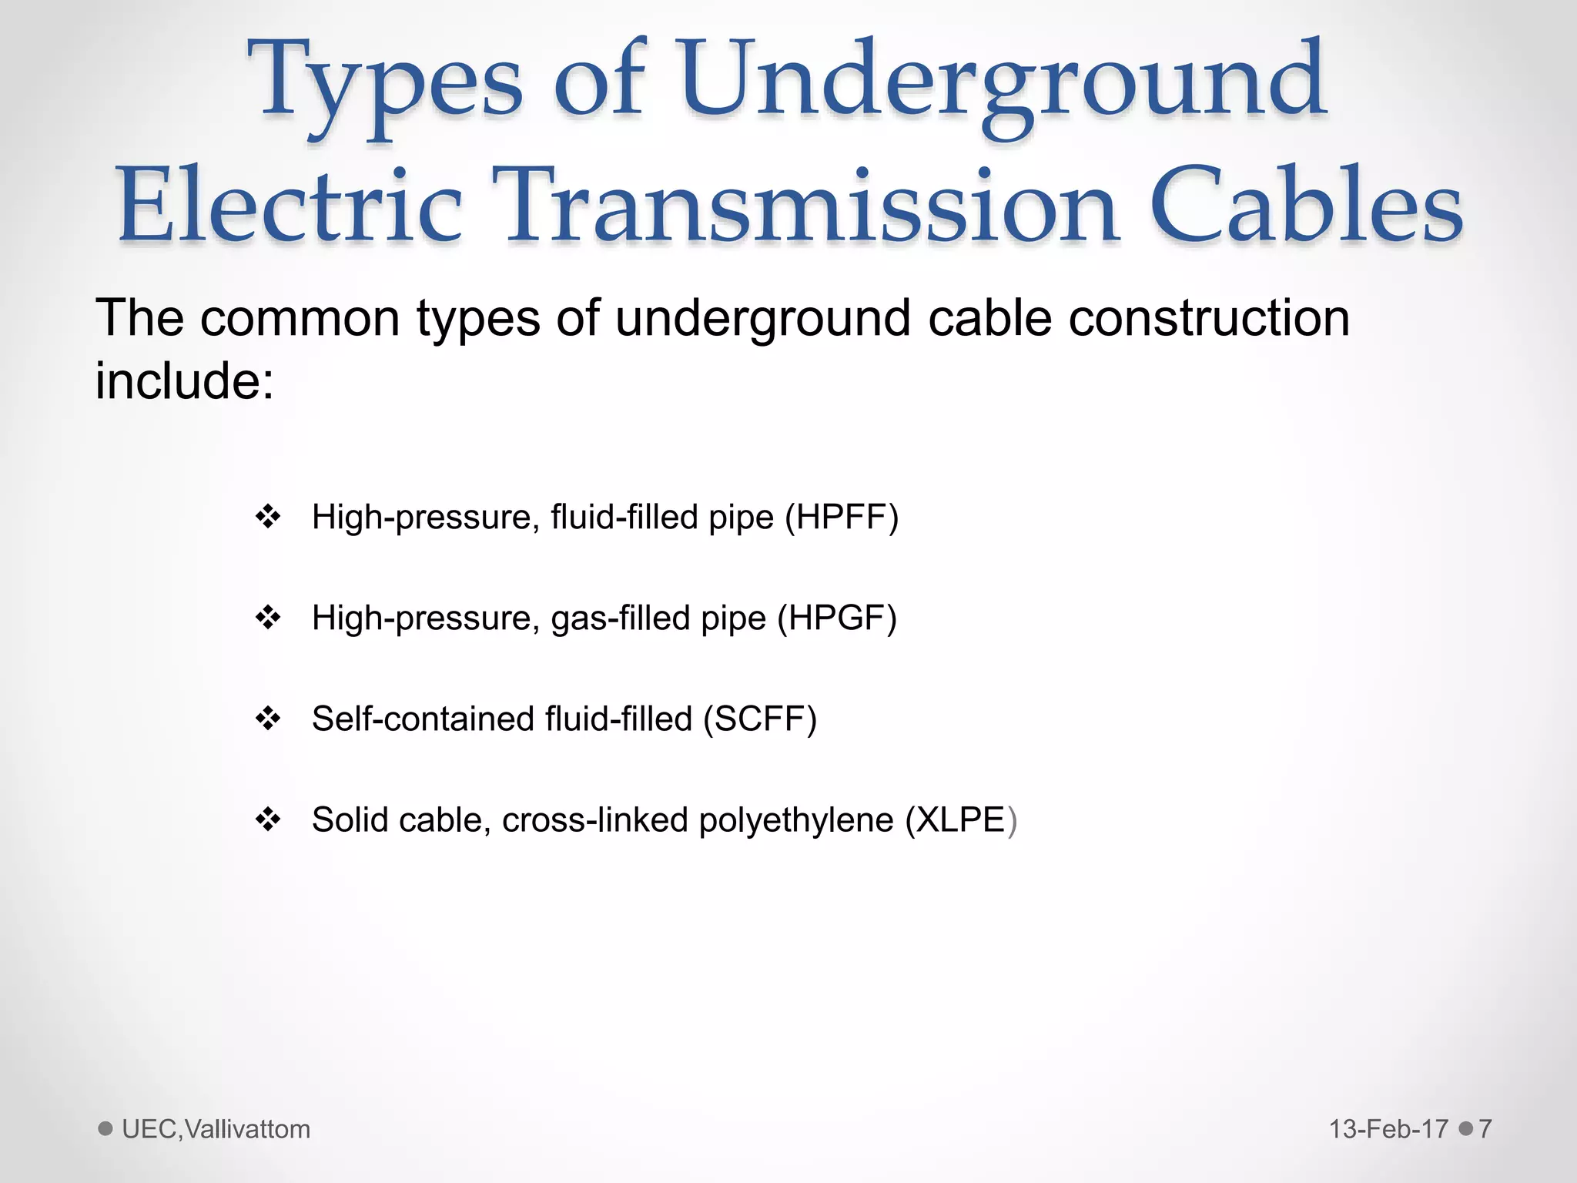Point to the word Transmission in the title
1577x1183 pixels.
point(805,206)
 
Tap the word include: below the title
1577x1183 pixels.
point(185,381)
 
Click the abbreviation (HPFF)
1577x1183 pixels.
point(842,518)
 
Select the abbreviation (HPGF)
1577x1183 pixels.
point(837,618)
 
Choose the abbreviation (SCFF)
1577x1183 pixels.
point(759,719)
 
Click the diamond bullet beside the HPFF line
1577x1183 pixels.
point(268,517)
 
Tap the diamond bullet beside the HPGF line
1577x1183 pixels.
point(268,618)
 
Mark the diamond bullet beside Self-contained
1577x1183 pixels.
point(268,719)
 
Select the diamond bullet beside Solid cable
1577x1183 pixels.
point(268,819)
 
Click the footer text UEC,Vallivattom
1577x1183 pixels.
point(216,1129)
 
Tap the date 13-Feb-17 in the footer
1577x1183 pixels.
point(1388,1129)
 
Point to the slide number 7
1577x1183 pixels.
point(1485,1129)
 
